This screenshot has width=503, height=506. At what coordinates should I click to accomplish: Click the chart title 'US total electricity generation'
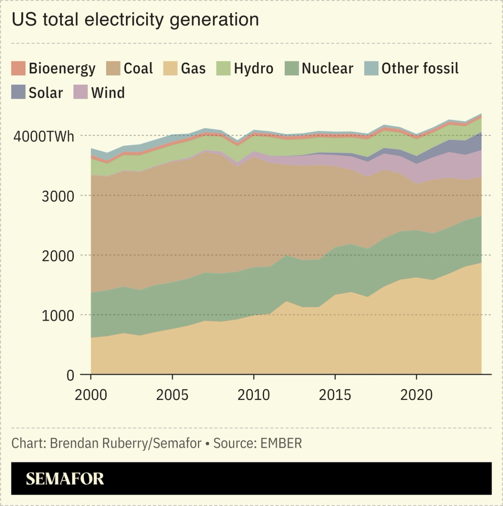pyautogui.click(x=135, y=20)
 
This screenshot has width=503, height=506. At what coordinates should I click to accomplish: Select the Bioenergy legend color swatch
pyautogui.click(x=18, y=69)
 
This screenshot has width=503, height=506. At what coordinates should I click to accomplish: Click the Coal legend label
pyautogui.click(x=138, y=69)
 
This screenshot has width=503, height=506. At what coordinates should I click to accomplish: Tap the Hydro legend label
pyautogui.click(x=253, y=69)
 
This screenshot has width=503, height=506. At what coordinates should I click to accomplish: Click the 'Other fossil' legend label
pyautogui.click(x=420, y=69)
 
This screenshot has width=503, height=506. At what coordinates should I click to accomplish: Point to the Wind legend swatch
pyautogui.click(x=81, y=93)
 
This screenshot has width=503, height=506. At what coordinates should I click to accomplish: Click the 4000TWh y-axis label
pyautogui.click(x=44, y=136)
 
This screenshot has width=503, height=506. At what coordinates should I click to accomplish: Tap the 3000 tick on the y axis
pyautogui.click(x=58, y=196)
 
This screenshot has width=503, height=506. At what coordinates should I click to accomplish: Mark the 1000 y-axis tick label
pyautogui.click(x=58, y=316)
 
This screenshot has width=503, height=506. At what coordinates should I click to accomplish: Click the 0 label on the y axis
pyautogui.click(x=70, y=375)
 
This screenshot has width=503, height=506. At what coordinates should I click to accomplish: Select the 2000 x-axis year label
pyautogui.click(x=91, y=395)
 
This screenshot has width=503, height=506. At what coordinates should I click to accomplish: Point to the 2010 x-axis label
pyautogui.click(x=254, y=395)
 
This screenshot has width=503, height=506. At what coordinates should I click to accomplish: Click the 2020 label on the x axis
pyautogui.click(x=416, y=395)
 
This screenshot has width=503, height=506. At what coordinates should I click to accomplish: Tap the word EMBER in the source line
pyautogui.click(x=281, y=443)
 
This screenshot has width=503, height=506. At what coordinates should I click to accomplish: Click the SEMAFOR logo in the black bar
pyautogui.click(x=65, y=479)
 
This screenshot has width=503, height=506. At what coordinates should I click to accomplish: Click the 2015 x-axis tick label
pyautogui.click(x=335, y=395)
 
